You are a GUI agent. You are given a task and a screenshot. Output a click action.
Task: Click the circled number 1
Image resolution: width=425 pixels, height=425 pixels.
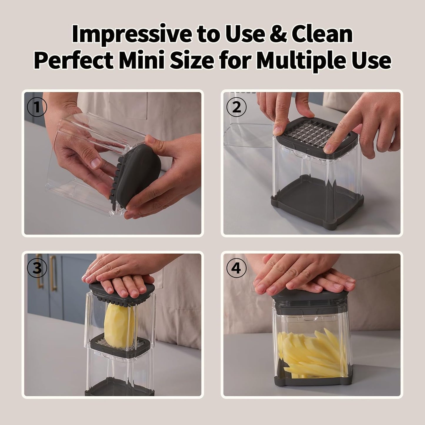coord(37,108)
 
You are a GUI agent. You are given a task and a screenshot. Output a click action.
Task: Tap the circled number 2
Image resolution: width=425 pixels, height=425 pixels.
coord(236,108)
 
